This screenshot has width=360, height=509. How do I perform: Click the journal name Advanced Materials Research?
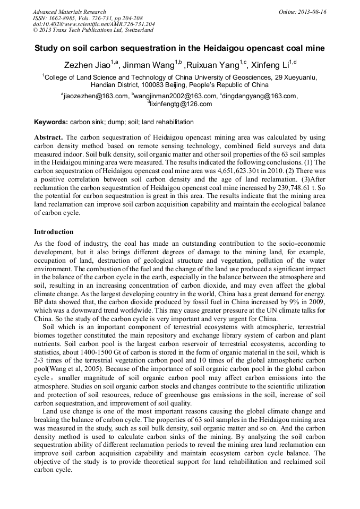(x=69, y=12)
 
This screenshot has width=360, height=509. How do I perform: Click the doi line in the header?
(x=94, y=24)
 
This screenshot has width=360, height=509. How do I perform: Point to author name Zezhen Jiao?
(x=87, y=65)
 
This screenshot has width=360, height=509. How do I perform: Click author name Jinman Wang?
(x=150, y=65)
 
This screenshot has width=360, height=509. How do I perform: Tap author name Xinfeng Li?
(x=270, y=65)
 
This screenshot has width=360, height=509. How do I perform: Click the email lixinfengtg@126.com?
(x=181, y=104)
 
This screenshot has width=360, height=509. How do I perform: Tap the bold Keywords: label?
(x=51, y=122)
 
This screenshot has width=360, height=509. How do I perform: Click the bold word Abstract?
(x=49, y=137)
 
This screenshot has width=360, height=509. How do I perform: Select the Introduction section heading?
(x=54, y=232)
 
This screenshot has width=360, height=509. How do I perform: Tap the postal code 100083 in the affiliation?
(x=147, y=84)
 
